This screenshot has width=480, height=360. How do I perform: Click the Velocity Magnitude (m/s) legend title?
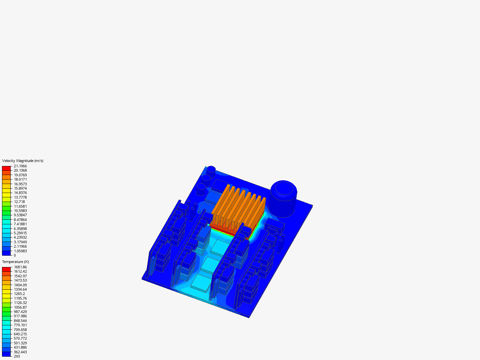(23, 161)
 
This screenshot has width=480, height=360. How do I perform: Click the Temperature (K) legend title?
(15, 262)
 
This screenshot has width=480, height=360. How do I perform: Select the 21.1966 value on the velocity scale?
(20, 166)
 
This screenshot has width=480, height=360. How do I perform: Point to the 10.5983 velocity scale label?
(20, 211)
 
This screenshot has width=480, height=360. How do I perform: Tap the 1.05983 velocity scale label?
(20, 251)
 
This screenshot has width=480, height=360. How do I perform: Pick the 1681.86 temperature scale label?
(20, 267)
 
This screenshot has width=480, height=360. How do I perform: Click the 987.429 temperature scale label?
(20, 312)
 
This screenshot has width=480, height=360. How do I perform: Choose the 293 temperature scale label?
(17, 356)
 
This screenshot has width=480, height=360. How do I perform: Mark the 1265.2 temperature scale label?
(19, 294)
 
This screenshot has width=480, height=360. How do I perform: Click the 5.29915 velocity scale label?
(20, 233)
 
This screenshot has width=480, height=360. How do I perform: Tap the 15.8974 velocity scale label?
(20, 188)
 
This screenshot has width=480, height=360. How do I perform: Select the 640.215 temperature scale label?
(20, 334)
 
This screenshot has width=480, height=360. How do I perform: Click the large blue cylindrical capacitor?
(283, 199)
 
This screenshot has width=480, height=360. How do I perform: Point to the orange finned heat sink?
(239, 208)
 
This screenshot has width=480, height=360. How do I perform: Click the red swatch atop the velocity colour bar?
(6, 168)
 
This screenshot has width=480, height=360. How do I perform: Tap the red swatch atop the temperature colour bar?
(6, 269)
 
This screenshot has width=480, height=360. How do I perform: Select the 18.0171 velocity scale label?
(20, 179)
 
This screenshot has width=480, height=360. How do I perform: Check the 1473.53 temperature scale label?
(20, 280)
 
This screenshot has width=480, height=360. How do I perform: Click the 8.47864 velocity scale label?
(20, 220)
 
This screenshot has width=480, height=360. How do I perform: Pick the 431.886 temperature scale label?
(20, 347)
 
